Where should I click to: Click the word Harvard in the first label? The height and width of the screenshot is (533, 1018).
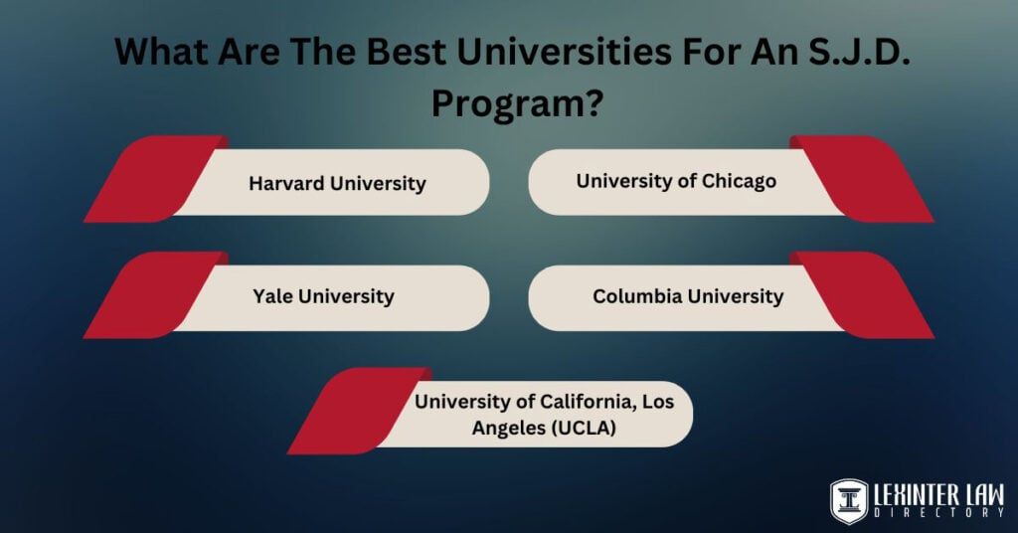[286, 183]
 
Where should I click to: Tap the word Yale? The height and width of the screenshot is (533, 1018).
[272, 296]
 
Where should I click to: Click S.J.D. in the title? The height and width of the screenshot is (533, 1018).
[859, 51]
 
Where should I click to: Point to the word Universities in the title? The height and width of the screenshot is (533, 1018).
[564, 51]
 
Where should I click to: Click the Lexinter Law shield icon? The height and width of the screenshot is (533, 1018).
[849, 500]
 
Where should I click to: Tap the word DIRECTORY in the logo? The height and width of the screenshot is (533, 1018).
[938, 513]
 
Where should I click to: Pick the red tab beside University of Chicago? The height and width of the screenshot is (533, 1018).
[862, 179]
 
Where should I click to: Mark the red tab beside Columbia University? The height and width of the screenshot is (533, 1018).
[862, 294]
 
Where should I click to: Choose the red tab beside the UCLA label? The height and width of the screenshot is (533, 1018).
[360, 411]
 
